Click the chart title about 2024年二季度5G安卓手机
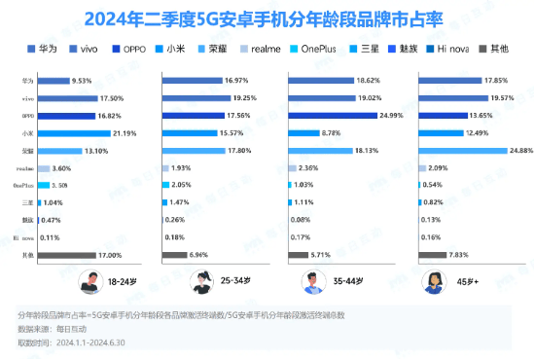pos(267,18)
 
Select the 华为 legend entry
pos(49,47)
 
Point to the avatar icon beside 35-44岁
pos(313,281)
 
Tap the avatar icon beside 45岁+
pos(431,281)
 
